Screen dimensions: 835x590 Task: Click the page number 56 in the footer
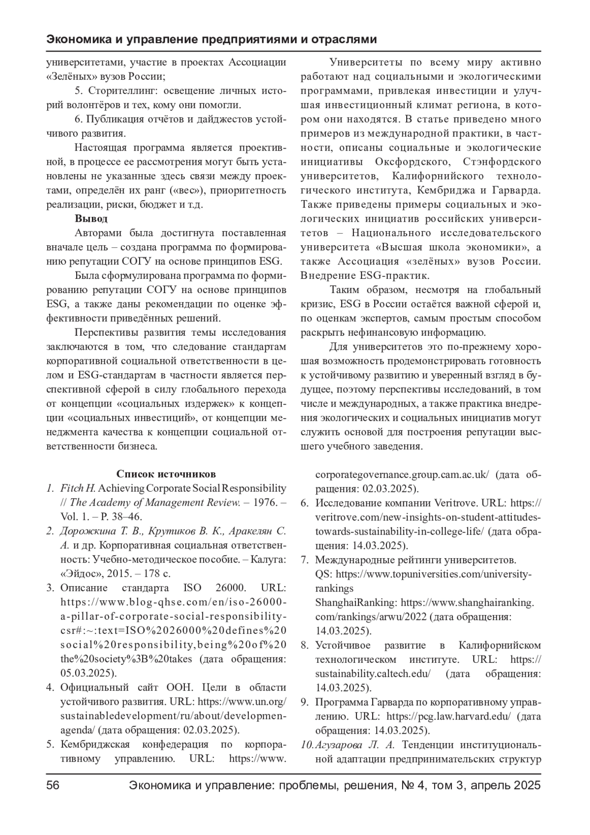[53, 785]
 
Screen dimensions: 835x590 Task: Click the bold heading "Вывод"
[91, 218]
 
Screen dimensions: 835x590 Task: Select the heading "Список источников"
[166, 474]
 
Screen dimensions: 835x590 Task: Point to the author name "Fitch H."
[78, 488]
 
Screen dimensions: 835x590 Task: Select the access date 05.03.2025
[85, 673]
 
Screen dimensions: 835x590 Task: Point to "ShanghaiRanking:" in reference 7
[356, 602]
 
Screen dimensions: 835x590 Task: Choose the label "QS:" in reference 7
[324, 574]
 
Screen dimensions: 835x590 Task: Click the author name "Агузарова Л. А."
[354, 745]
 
